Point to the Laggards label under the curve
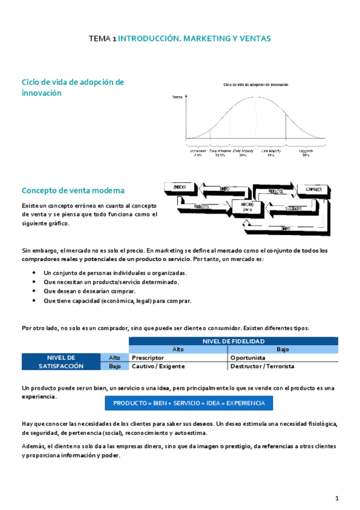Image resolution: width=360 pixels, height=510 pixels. pyautogui.click(x=306, y=151)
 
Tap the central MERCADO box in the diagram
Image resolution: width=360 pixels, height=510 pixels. pyautogui.click(x=246, y=207)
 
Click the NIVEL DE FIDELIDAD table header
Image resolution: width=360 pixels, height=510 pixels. pyautogui.click(x=233, y=341)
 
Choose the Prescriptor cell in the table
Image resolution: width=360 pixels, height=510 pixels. pyautogui.click(x=148, y=357)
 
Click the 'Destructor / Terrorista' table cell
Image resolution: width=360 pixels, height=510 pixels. pyautogui.click(x=262, y=366)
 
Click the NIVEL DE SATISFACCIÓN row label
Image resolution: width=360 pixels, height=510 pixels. pyautogui.click(x=61, y=361)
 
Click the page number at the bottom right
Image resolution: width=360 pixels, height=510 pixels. pyautogui.click(x=337, y=498)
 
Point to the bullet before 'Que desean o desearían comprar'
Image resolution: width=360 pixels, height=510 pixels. pyautogui.click(x=34, y=292)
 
